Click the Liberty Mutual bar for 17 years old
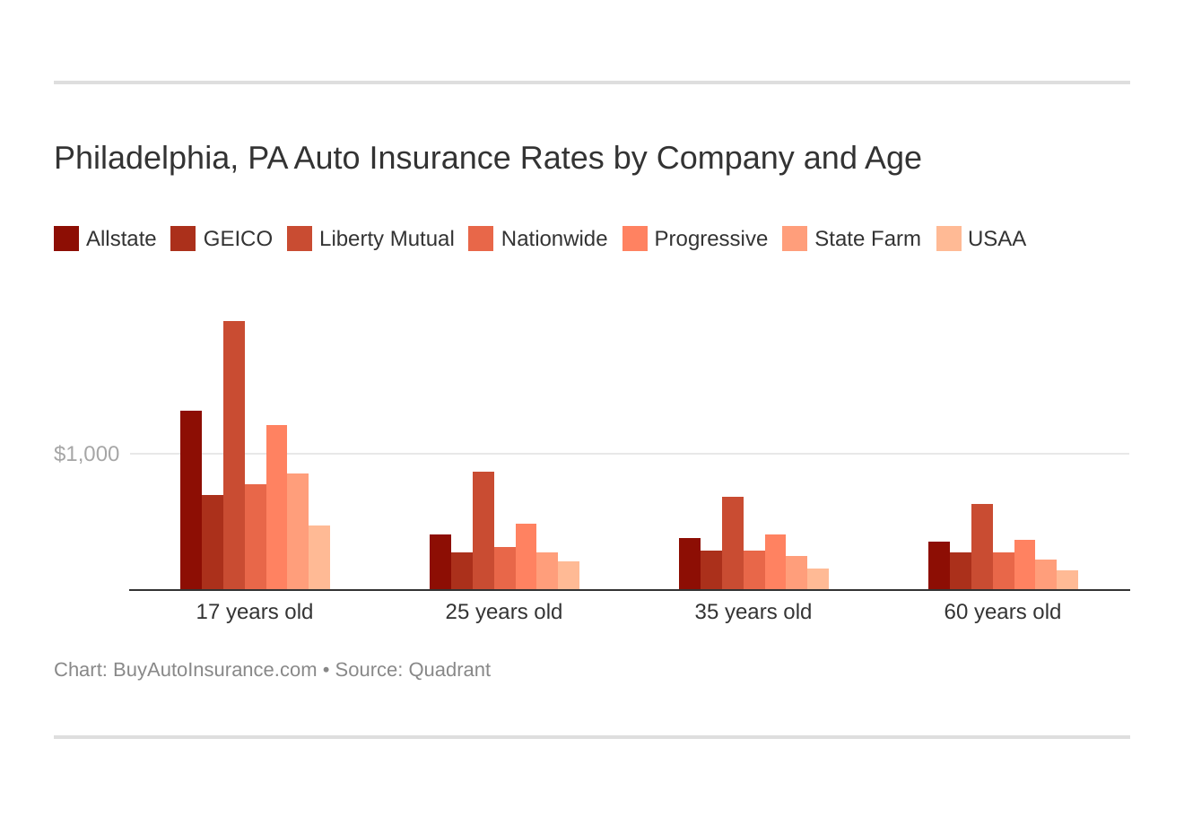pyautogui.click(x=234, y=456)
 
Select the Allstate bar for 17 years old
pyautogui.click(x=191, y=500)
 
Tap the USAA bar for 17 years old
pyautogui.click(x=319, y=558)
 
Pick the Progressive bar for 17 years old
pyautogui.click(x=276, y=508)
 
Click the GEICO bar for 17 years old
pyautogui.click(x=213, y=543)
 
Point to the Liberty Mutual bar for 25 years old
pyautogui.click(x=483, y=531)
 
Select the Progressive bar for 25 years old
pyautogui.click(x=526, y=557)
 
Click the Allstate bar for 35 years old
pyautogui.click(x=690, y=564)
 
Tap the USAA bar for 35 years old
pyautogui.click(x=818, y=579)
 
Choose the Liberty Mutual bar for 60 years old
pyautogui.click(x=982, y=547)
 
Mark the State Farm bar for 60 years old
pyautogui.click(x=1046, y=575)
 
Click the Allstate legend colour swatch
pyautogui.click(x=66, y=239)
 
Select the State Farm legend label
pyautogui.click(x=867, y=239)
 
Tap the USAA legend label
pyautogui.click(x=997, y=239)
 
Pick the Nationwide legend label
pyautogui.click(x=553, y=239)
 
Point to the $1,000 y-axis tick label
pyautogui.click(x=86, y=454)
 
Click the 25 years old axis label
pyautogui.click(x=504, y=612)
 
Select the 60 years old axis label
pyautogui.click(x=1002, y=612)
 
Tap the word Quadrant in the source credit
pyautogui.click(x=449, y=670)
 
